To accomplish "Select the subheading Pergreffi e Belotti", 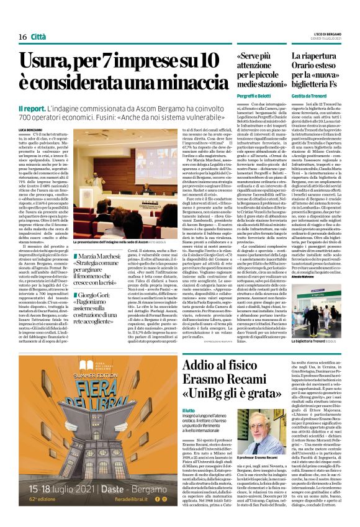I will [x=250, y=101].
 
